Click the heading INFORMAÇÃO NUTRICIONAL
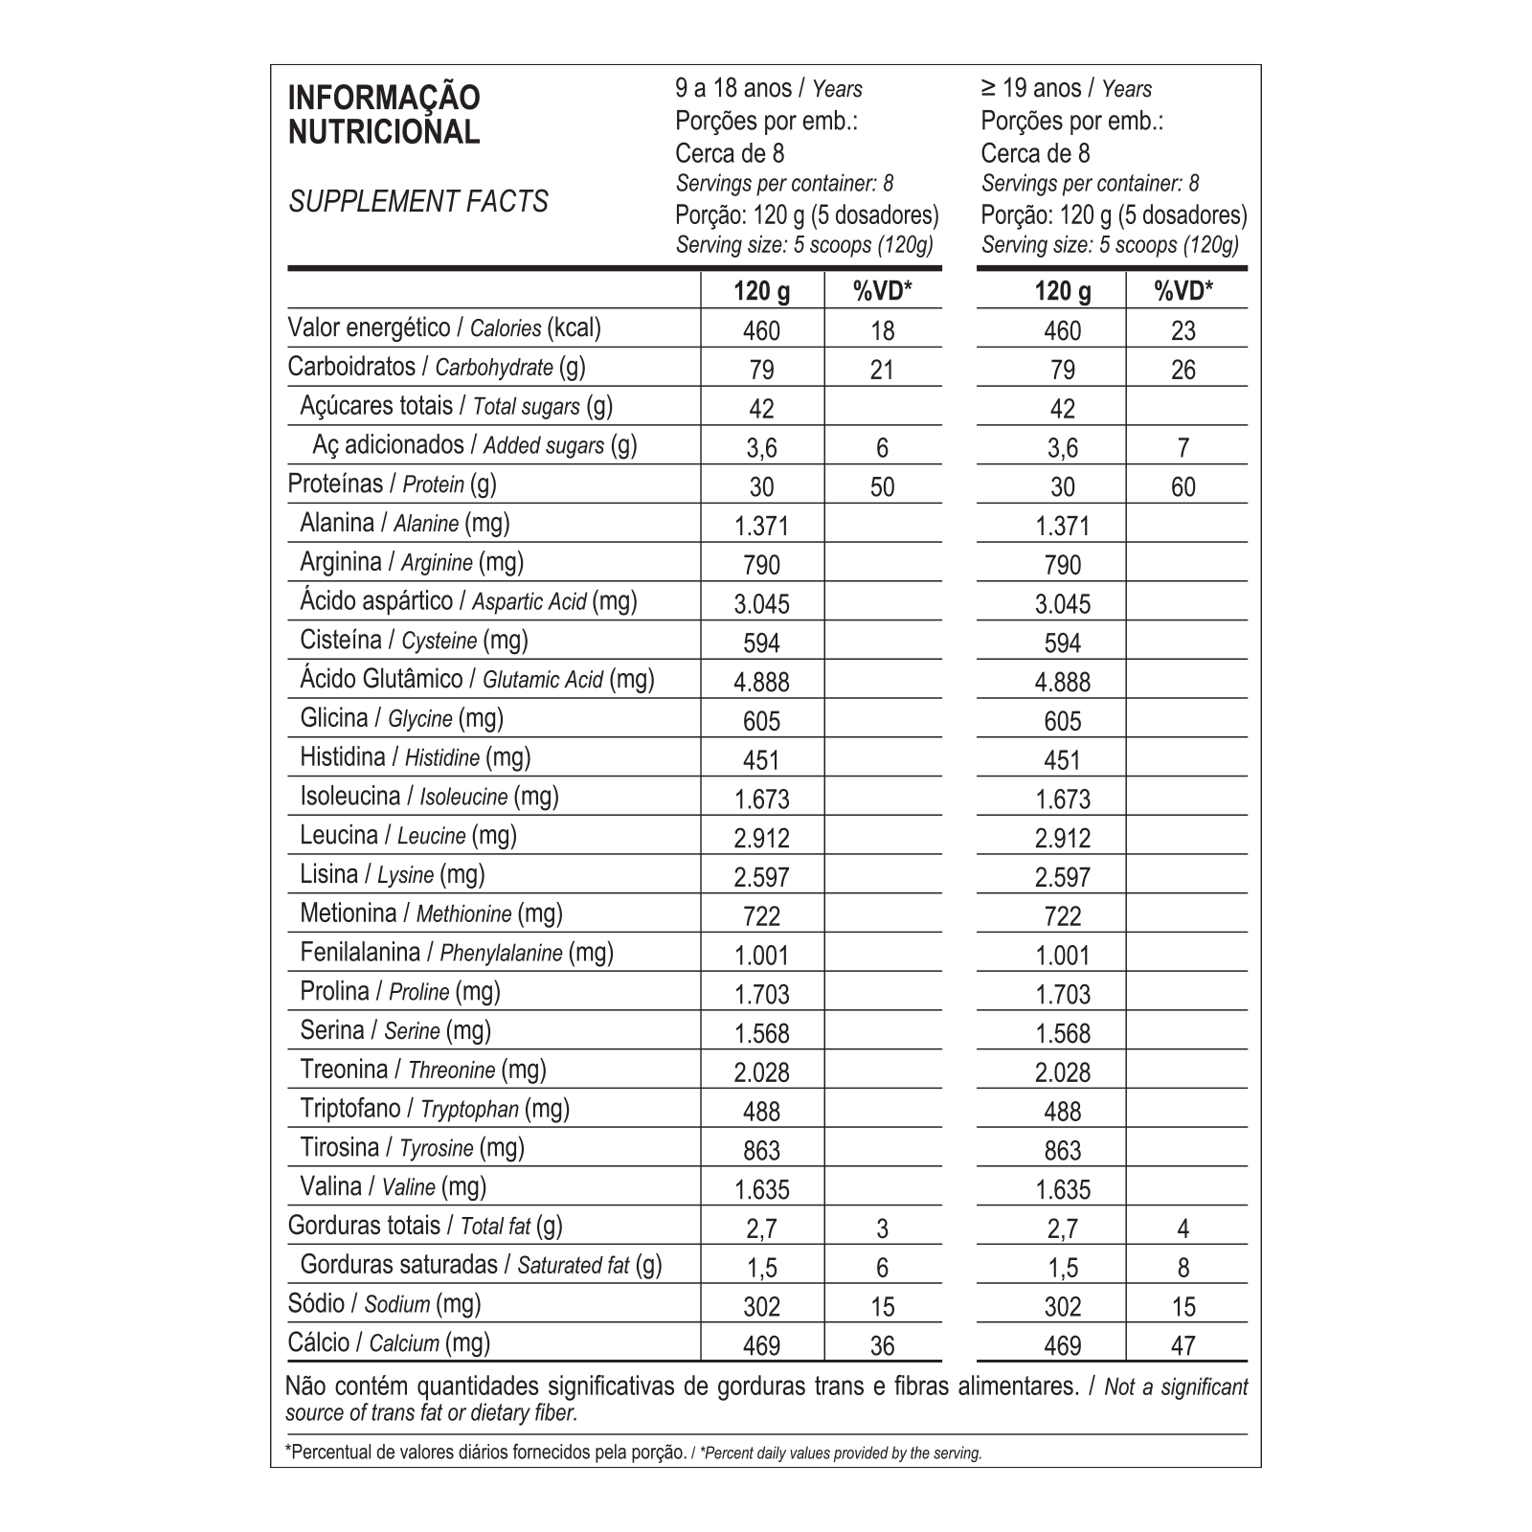384,114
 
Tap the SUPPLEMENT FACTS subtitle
418,202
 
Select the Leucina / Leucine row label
408,836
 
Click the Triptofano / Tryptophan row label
434,1109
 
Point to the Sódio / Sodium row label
384,1303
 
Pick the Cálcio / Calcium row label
389,1342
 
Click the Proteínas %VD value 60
1183,487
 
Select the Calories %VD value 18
882,331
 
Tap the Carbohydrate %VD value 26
1183,371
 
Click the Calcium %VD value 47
1183,1346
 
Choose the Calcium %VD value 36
882,1346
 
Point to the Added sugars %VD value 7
1183,448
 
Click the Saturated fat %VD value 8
1183,1268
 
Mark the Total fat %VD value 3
882,1228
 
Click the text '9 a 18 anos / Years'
769,89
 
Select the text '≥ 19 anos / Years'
1066,89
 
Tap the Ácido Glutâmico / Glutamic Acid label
477,680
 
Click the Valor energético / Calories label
444,328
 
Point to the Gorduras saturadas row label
481,1265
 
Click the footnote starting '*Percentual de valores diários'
634,1453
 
